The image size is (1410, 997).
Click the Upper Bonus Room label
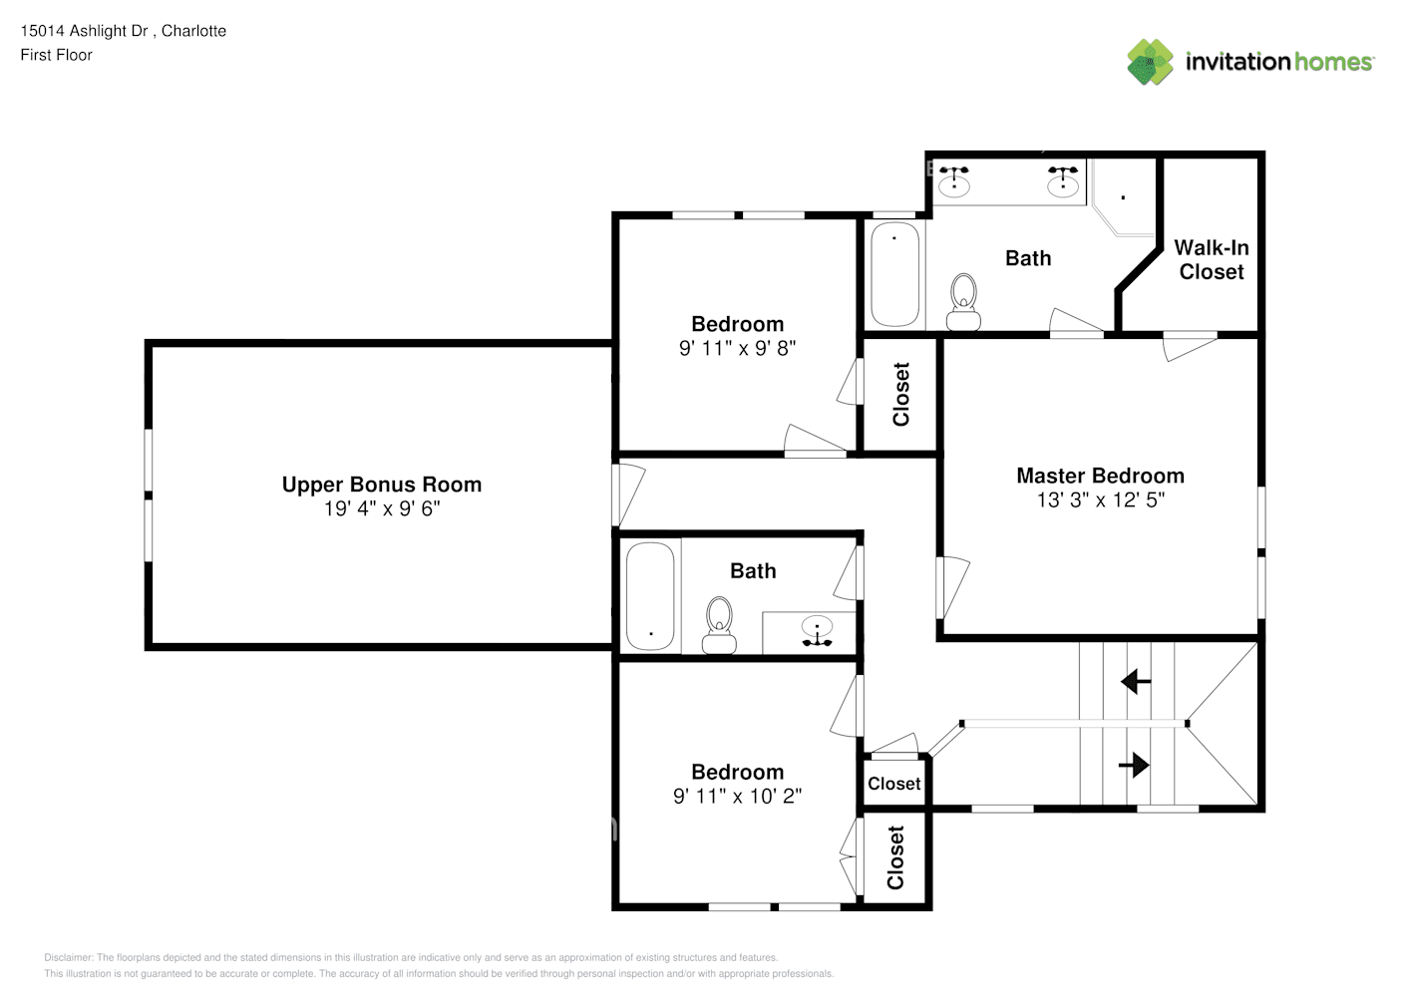381,485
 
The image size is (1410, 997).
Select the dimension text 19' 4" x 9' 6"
381,508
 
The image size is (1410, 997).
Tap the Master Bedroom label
1100,476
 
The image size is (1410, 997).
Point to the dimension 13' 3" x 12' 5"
1100,499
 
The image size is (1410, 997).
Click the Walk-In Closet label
1211,259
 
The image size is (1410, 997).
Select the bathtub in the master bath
894,274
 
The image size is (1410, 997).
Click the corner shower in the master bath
1124,199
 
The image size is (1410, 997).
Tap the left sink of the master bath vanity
954,181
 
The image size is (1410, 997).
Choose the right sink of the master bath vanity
1063,181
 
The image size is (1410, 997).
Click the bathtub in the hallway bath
650,595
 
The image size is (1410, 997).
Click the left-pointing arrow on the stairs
1135,682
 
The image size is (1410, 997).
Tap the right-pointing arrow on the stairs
1134,765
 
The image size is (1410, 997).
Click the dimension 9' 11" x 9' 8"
737,348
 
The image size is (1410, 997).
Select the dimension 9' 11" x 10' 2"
737,796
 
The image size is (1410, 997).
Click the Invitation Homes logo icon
1150,62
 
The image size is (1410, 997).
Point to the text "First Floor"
56,55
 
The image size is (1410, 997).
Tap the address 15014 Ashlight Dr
85,31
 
